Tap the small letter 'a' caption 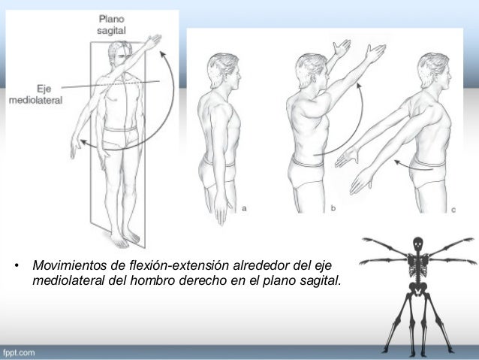tap(245, 207)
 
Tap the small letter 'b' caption tap(332, 208)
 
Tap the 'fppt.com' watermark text tap(18, 352)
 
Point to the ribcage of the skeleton tap(417, 265)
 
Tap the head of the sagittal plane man tap(119, 54)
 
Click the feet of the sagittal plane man tap(124, 239)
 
